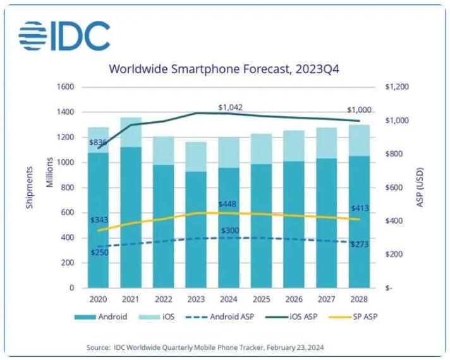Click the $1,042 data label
230,107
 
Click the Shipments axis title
30,188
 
